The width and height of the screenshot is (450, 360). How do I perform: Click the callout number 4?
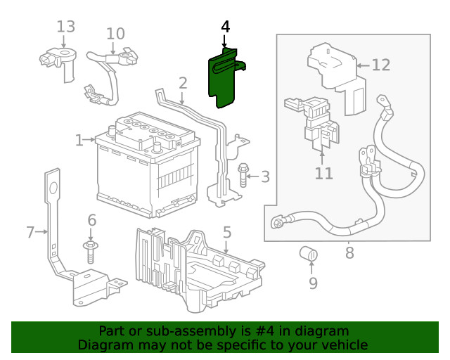pyautogui.click(x=225, y=27)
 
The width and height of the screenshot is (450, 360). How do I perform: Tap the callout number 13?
pyautogui.click(x=65, y=27)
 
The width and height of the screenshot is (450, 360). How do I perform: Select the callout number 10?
pyautogui.click(x=115, y=33)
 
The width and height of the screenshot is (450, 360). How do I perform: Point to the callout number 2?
pyautogui.click(x=183, y=83)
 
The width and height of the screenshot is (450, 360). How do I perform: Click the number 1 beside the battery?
pyautogui.click(x=79, y=141)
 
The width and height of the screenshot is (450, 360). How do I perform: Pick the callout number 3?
pyautogui.click(x=264, y=176)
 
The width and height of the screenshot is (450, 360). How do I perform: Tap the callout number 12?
pyautogui.click(x=380, y=65)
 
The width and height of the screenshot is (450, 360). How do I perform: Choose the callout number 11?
pyautogui.click(x=323, y=172)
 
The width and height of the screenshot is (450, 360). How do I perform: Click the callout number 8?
pyautogui.click(x=349, y=252)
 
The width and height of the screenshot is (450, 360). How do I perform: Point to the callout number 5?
pyautogui.click(x=226, y=231)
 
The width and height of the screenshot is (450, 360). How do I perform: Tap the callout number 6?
pyautogui.click(x=91, y=220)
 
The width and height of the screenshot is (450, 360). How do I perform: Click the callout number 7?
pyautogui.click(x=30, y=231)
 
